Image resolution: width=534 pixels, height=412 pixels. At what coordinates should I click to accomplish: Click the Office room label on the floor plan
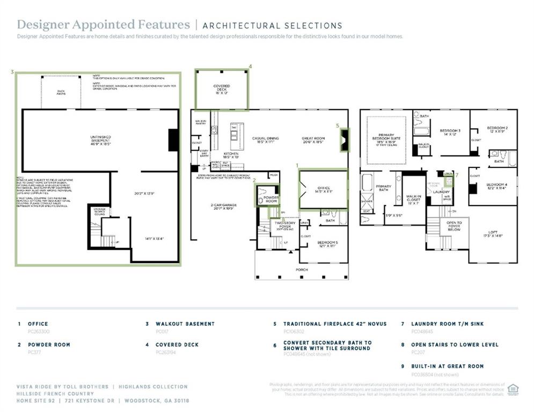coord(323,189)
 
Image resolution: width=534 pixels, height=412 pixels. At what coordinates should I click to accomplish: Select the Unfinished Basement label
coord(100,139)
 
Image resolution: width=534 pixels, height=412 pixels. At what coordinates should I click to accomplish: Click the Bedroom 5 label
coord(327,244)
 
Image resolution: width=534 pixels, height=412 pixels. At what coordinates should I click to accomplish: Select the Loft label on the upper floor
coord(493,233)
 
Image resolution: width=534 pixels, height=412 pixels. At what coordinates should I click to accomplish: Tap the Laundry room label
coord(441,192)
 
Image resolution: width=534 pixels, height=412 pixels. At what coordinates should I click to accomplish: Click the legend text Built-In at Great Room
coord(447,366)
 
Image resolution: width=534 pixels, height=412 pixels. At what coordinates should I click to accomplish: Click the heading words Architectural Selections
coord(272,25)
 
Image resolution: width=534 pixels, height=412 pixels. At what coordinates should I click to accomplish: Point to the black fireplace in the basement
coord(173,140)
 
